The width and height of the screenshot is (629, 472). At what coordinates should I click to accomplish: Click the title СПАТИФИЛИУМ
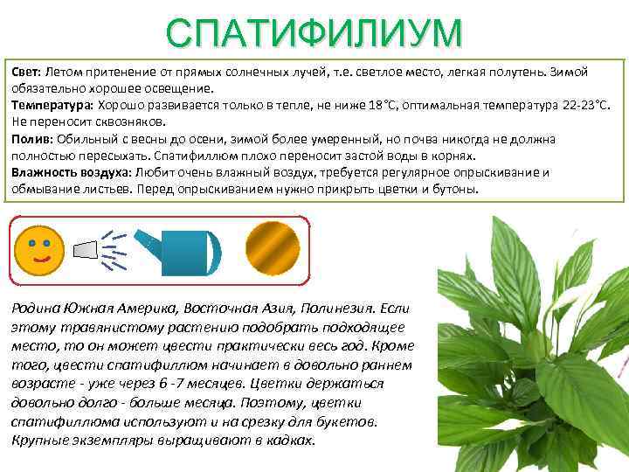coord(314,32)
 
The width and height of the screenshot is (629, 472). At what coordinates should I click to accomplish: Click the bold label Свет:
coord(27,72)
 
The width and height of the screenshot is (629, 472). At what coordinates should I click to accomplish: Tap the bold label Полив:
coord(31,140)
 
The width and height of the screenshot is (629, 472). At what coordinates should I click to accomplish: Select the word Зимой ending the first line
coord(568,72)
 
